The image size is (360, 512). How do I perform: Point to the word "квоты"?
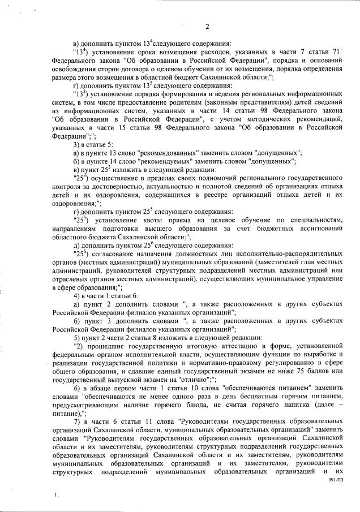(145, 218)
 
